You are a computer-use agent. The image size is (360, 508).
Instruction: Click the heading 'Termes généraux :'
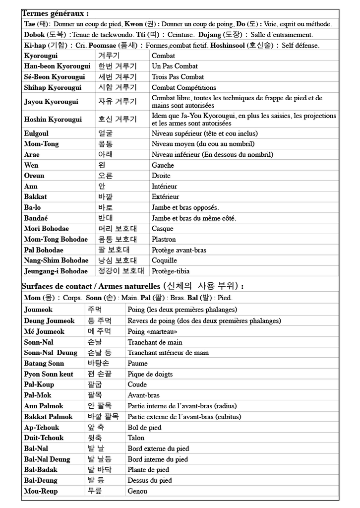(x=55, y=14)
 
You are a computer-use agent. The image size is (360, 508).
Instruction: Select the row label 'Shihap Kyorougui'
(x=53, y=88)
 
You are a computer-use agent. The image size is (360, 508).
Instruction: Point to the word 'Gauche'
(x=163, y=165)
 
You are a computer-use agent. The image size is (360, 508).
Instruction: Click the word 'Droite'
(x=161, y=176)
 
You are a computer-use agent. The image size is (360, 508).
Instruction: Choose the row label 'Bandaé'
(x=36, y=218)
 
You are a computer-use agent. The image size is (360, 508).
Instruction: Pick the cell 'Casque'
(x=163, y=229)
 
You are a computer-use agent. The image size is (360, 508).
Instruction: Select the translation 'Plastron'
(x=165, y=240)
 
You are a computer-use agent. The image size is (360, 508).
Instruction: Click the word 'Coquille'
(x=164, y=260)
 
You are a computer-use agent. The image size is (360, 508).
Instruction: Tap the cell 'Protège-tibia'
(x=171, y=271)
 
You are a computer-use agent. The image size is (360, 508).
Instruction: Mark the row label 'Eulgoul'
(x=36, y=133)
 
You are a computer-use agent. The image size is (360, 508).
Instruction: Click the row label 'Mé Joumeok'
(x=44, y=331)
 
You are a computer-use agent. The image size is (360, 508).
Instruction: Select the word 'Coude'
(x=137, y=384)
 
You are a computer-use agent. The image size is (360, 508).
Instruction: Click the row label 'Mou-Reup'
(x=41, y=491)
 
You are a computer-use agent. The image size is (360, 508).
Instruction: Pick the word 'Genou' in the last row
(x=137, y=491)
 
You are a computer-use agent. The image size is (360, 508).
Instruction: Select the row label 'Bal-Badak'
(x=41, y=470)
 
